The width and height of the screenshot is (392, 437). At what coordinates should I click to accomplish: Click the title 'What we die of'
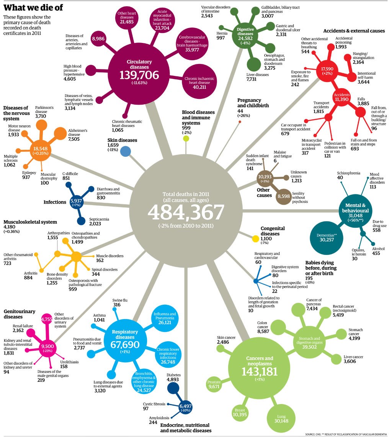point(33,8)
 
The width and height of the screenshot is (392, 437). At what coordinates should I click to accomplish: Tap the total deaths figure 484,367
point(186,212)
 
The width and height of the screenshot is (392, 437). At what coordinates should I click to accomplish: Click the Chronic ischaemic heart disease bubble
point(199,81)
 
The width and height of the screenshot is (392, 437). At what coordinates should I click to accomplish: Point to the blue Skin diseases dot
point(126,151)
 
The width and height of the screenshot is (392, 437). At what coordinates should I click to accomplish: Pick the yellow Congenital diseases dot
point(256,239)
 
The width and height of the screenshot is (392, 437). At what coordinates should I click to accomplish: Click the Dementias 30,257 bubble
point(326,237)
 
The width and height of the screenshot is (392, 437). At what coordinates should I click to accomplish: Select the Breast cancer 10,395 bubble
point(240,412)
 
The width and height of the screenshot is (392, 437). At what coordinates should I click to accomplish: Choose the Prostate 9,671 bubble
point(214,384)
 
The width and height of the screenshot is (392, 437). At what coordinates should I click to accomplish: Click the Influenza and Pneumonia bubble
point(165,318)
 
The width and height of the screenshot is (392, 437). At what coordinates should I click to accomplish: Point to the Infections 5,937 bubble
point(76,202)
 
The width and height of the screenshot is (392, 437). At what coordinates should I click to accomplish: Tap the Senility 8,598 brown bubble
point(283,196)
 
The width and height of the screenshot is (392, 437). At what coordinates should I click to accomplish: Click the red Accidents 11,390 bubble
point(341,97)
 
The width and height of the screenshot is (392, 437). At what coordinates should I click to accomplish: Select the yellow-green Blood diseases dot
point(186,138)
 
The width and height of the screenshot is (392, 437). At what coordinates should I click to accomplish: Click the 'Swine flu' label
point(120,300)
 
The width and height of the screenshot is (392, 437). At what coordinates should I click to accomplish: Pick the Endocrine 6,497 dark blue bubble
point(185,408)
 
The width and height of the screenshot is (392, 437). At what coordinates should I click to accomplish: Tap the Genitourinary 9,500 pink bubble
point(47,348)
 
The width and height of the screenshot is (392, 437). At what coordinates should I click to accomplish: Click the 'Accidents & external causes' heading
point(354,31)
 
